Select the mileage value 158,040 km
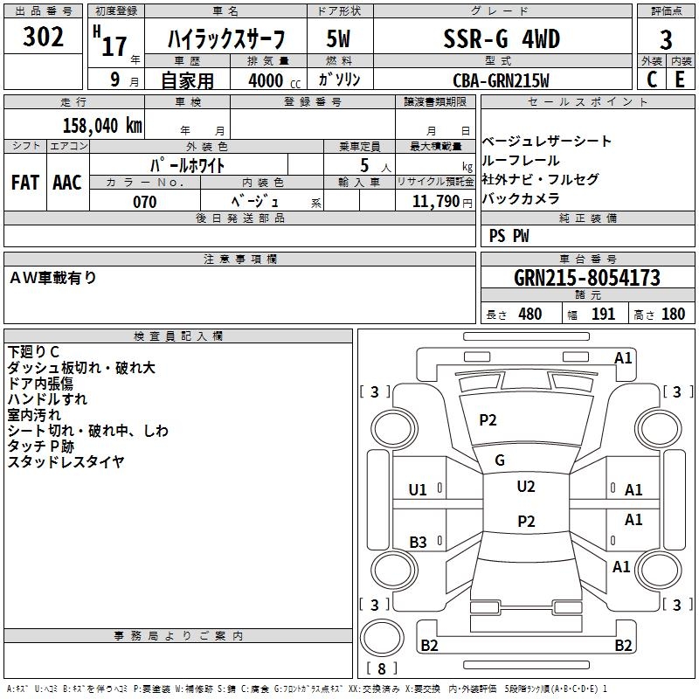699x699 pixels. click(102, 125)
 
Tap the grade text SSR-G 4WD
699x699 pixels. click(502, 39)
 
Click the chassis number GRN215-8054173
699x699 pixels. click(586, 278)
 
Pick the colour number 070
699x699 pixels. click(144, 202)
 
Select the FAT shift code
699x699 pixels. click(25, 183)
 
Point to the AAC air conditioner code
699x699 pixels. click(67, 183)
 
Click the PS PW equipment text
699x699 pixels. click(509, 236)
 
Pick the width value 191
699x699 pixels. click(604, 314)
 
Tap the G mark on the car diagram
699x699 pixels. click(500, 460)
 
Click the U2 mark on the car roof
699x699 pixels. click(525, 487)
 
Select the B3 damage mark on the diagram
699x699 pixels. click(418, 543)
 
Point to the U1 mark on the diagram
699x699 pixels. click(418, 490)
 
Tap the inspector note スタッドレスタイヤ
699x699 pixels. click(66, 462)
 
